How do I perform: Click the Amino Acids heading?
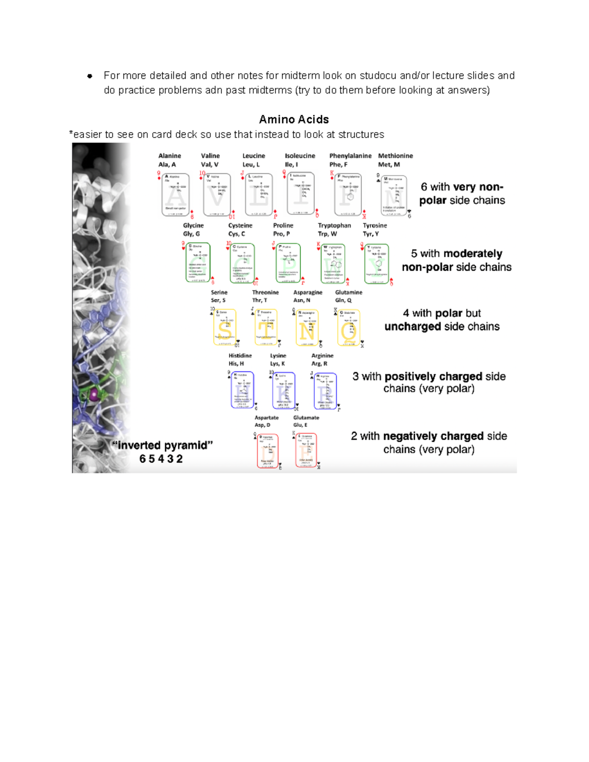(x=294, y=119)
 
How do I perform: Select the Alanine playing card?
(x=175, y=195)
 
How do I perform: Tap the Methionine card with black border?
(x=394, y=196)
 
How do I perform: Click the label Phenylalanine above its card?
(x=350, y=156)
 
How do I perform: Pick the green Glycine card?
(x=198, y=263)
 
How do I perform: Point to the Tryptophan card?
(x=333, y=263)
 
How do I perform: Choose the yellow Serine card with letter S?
(x=225, y=327)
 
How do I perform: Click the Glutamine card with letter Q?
(x=349, y=327)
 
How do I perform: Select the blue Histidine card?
(x=242, y=390)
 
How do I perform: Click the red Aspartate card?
(x=268, y=450)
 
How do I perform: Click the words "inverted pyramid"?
(x=162, y=446)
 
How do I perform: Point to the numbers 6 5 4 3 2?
(x=161, y=459)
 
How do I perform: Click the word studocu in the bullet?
(x=378, y=76)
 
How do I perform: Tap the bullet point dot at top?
(x=89, y=76)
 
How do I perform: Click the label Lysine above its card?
(x=278, y=356)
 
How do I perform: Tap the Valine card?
(x=217, y=195)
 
